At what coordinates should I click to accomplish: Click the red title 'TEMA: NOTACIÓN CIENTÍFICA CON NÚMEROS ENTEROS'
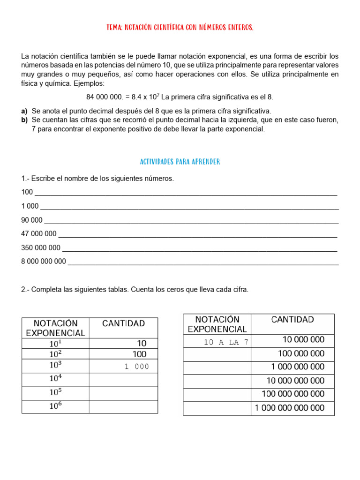pos(180,28)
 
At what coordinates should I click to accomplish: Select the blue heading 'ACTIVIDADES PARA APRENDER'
pos(180,162)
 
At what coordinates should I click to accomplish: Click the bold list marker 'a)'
pos(24,111)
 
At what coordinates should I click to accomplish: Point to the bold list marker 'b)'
pos(24,120)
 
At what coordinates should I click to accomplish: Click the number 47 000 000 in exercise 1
pos(39,233)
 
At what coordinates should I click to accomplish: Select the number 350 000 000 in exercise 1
pos(41,247)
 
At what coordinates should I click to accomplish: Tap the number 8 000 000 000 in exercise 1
pos(44,262)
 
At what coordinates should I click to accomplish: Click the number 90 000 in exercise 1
pos(32,220)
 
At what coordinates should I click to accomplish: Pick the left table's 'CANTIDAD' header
pos(123,323)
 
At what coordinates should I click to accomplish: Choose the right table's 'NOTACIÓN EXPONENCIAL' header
pos(217,324)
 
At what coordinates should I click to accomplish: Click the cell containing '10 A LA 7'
pos(217,342)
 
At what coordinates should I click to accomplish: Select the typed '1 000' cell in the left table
pos(123,367)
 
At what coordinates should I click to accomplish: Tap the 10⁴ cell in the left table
pos(55,379)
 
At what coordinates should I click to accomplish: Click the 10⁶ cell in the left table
pos(55,406)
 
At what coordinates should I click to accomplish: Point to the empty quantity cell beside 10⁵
pos(123,393)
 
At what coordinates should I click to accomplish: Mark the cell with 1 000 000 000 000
pos(292,408)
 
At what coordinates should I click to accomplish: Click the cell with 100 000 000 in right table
pos(292,353)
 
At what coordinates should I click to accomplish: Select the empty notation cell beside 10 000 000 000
pos(217,381)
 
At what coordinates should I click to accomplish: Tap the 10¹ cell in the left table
pos(55,343)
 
